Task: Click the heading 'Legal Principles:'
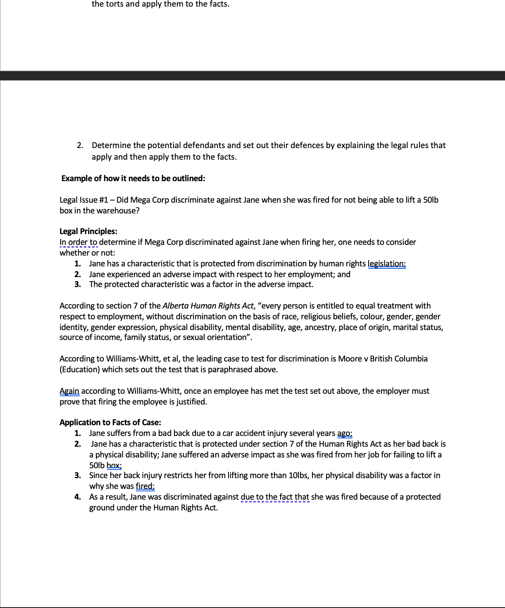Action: (88, 231)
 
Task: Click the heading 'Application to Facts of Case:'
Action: (110, 422)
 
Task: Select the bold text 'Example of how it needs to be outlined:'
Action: (133, 178)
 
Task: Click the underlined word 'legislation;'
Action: (387, 263)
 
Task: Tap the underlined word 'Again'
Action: (69, 391)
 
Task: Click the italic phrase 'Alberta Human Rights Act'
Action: (208, 306)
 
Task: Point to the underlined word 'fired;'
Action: (145, 486)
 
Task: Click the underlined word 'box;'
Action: (114, 465)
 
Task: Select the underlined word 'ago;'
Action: (345, 433)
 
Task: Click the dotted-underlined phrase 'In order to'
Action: (79, 242)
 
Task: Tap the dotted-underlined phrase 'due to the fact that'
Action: (275, 497)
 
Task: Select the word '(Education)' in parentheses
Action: (80, 369)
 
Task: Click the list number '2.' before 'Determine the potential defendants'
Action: (80, 145)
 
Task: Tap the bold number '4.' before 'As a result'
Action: (78, 497)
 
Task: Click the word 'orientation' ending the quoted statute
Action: (224, 337)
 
